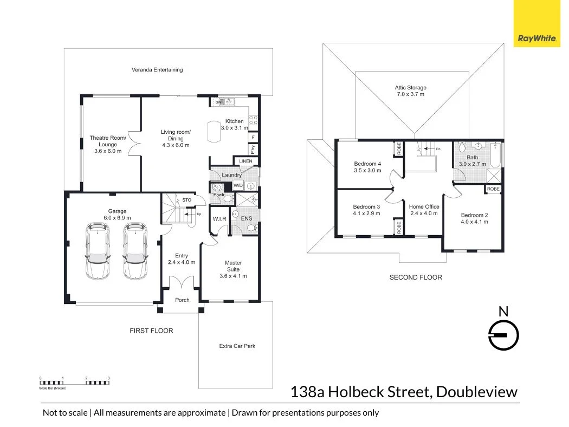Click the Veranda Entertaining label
[157, 70]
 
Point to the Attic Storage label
[410, 87]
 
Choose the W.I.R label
[219, 219]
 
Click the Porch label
[183, 300]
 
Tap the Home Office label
[424, 206]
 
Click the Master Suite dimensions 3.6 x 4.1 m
[233, 276]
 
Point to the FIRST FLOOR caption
[151, 331]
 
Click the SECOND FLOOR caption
[416, 277]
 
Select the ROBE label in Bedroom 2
[493, 189]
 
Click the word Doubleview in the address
[477, 392]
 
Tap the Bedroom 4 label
[367, 164]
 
